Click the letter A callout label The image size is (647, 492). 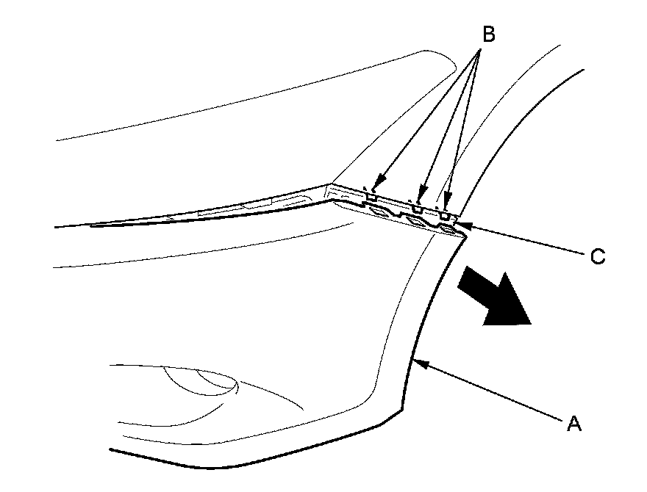[x=573, y=423]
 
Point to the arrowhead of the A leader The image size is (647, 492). [x=416, y=361]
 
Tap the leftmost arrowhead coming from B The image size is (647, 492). [x=376, y=185]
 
